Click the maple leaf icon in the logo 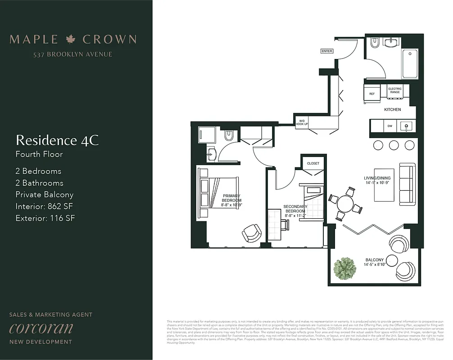(x=71, y=40)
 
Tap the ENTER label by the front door (x=327, y=51)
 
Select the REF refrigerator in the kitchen (x=372, y=94)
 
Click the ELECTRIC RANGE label (x=395, y=90)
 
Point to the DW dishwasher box (x=390, y=127)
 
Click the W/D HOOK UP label (x=301, y=122)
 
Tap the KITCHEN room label (x=392, y=109)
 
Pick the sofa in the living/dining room (x=407, y=184)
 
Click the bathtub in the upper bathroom (x=410, y=63)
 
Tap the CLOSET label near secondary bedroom (x=313, y=163)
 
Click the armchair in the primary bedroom (x=251, y=233)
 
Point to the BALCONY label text (x=375, y=260)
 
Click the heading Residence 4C (x=57, y=140)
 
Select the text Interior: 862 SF (x=45, y=207)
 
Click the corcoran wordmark (x=41, y=328)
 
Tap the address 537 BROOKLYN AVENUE (x=72, y=54)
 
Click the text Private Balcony (x=44, y=195)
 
